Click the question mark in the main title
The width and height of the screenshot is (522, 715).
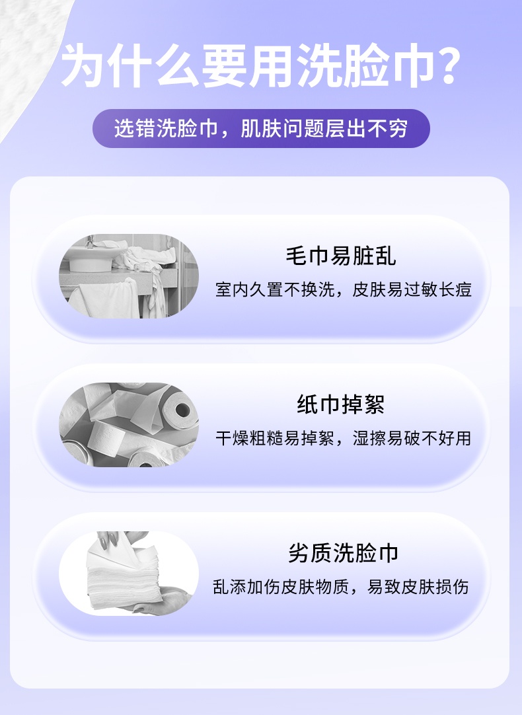pos(441,66)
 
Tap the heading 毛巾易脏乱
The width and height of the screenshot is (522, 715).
pos(340,256)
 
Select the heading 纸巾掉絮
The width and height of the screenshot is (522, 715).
pos(340,404)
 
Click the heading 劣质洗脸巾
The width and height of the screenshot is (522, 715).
pos(343,553)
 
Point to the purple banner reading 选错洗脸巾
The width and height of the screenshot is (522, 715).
pos(260,128)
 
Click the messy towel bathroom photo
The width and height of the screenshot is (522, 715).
pos(129,277)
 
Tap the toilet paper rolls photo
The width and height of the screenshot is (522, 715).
pos(129,425)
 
